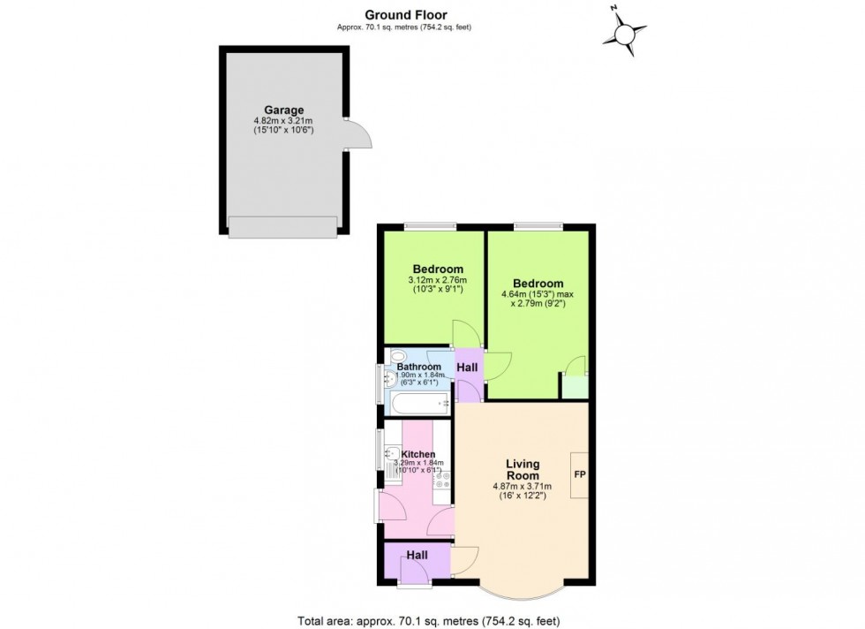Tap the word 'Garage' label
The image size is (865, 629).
283,110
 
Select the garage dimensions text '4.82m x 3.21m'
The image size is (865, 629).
283,121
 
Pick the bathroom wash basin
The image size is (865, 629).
390,381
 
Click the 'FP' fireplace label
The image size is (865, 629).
580,474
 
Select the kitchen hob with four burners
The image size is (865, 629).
442,482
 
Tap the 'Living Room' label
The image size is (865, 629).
523,469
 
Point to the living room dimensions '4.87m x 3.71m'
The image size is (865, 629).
523,486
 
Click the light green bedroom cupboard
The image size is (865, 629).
574,386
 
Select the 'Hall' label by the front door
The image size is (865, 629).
417,555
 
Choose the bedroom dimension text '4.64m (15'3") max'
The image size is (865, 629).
538,294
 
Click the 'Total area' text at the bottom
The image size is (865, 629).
432,619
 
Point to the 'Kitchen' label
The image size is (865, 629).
418,454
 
